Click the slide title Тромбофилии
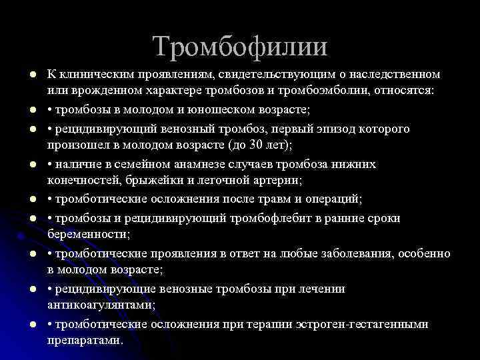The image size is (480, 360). click(x=240, y=46)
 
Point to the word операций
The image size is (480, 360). click(x=333, y=199)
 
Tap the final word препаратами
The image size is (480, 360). click(x=85, y=339)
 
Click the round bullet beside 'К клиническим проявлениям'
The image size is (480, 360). click(x=24, y=73)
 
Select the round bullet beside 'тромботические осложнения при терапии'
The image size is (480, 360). click(x=24, y=323)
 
